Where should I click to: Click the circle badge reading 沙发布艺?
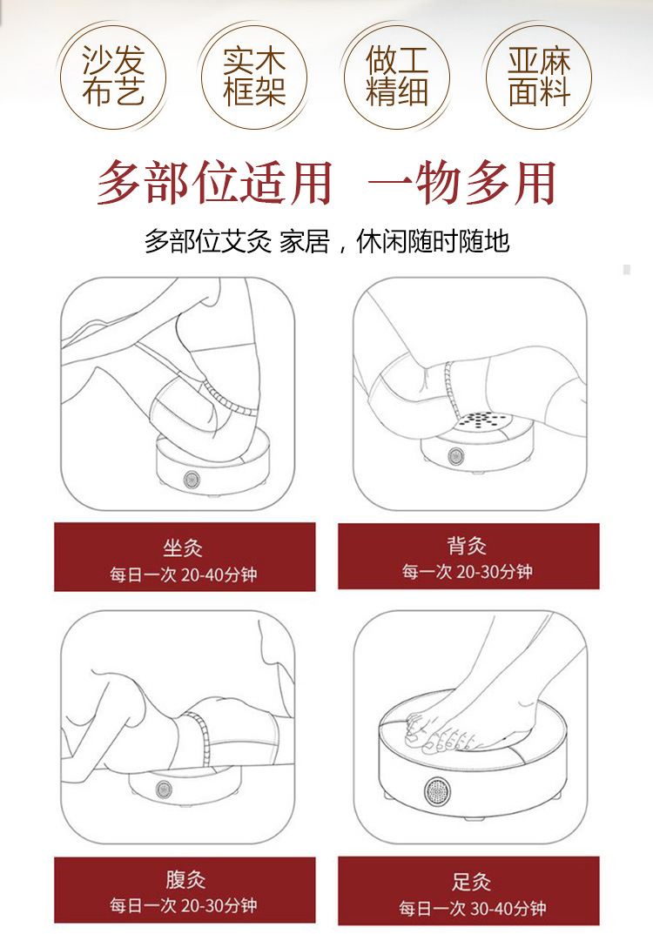pyautogui.click(x=112, y=77)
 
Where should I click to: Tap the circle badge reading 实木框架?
pyautogui.click(x=254, y=77)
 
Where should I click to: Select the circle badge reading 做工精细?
pyautogui.click(x=396, y=77)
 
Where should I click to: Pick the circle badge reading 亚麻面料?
pyautogui.click(x=539, y=77)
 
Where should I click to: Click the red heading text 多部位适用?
pyautogui.click(x=214, y=182)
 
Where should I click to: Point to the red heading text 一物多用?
pyautogui.click(x=462, y=182)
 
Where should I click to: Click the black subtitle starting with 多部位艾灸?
pyautogui.click(x=326, y=241)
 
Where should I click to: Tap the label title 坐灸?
pyautogui.click(x=183, y=548)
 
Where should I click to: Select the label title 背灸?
pyautogui.click(x=467, y=545)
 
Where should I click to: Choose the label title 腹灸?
pyautogui.click(x=185, y=879)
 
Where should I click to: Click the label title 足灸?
pyautogui.click(x=471, y=882)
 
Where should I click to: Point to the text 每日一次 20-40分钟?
pyautogui.click(x=183, y=575)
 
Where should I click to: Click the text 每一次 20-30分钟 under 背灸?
pyautogui.click(x=467, y=572)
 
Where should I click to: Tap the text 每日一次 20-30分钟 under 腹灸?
pyautogui.click(x=183, y=906)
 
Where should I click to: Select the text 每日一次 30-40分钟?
pyautogui.click(x=473, y=909)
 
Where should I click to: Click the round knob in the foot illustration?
pyautogui.click(x=438, y=791)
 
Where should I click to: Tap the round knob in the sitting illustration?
pyautogui.click(x=192, y=479)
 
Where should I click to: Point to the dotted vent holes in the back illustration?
pyautogui.click(x=481, y=420)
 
